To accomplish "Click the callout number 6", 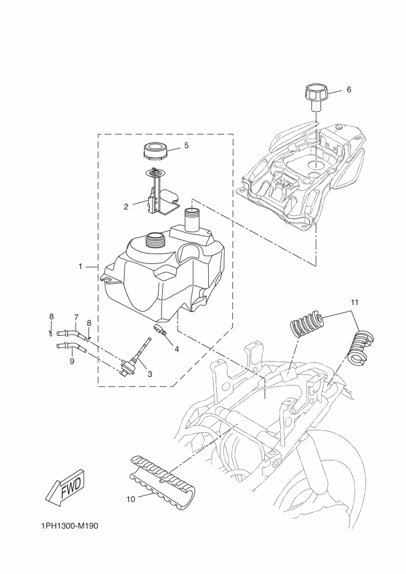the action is pos(348,89).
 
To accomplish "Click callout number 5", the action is pos(186,145).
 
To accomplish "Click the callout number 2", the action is pos(126,207).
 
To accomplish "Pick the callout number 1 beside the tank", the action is pos(80,266).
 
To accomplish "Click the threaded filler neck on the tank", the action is pos(156,242).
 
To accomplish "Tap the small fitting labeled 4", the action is pos(160,328).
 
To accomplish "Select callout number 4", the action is pos(176,349).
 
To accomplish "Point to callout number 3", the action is pos(149,374).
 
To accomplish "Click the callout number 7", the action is pos(76,317).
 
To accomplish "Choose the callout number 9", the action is pos(72,361).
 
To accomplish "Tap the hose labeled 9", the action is pos(71,347).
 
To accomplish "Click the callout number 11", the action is pos(354,303).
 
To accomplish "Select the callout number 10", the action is pos(131,498).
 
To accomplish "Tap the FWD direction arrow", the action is pos(67,487).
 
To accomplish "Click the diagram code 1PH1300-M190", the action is pos(69,526).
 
